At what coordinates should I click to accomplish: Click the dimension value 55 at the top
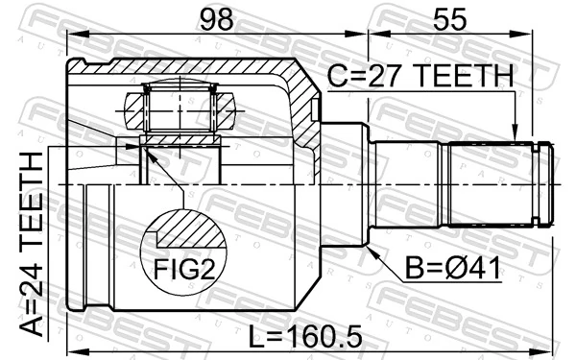coord(451,19)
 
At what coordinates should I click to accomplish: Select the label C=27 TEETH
coord(420,77)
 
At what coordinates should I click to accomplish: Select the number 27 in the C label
coord(378,77)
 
